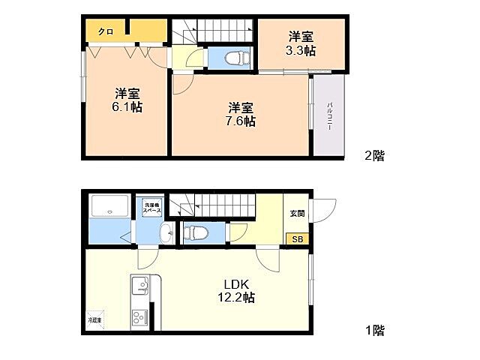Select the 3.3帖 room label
coord(301,43)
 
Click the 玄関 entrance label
coord(297,213)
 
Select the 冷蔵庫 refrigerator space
coord(96,319)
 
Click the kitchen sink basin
coord(140,286)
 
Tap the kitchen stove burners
coord(140,317)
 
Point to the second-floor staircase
coord(214,31)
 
